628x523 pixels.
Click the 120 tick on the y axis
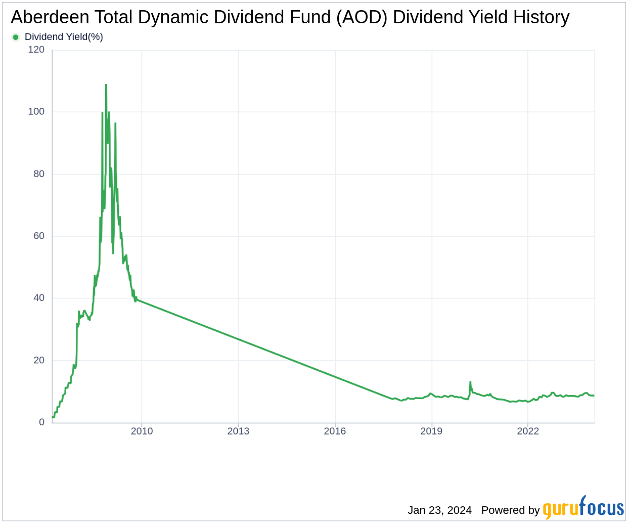pos(36,50)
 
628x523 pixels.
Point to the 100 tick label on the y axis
pos(36,112)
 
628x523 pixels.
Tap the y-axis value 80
pos(39,174)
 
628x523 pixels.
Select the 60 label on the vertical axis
pos(39,236)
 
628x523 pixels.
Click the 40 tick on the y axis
pos(39,298)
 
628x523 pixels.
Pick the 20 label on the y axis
pos(39,361)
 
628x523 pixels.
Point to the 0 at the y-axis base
pos(42,422)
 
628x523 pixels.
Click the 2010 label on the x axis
pos(142,431)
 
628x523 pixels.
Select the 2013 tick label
pos(238,431)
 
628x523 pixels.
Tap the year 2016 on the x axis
pos(335,431)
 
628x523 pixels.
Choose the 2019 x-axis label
pos(431,431)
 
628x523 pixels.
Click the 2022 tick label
pos(528,431)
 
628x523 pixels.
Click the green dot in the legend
pos(16,37)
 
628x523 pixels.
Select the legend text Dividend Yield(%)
pos(64,37)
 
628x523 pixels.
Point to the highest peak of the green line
pos(106,84)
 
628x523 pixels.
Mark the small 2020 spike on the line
pos(470,382)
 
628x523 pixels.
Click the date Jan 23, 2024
pos(439,510)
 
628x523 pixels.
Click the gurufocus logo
pos(584,508)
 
